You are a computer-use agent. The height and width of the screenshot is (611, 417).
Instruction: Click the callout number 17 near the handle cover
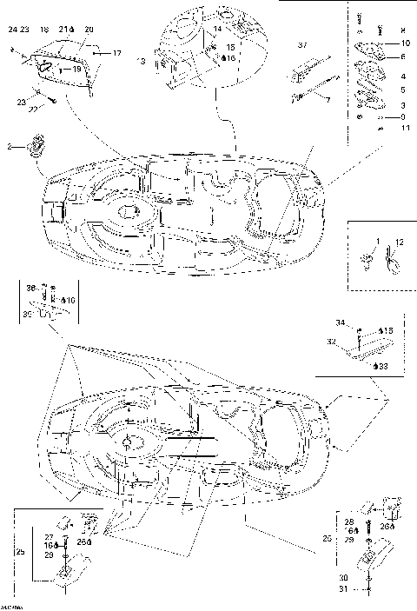[x=118, y=53]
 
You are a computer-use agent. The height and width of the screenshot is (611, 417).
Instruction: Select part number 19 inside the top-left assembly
[x=76, y=68]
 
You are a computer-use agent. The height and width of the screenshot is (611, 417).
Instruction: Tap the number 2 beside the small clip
[x=11, y=148]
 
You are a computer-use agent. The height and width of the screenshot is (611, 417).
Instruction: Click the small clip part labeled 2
[x=37, y=145]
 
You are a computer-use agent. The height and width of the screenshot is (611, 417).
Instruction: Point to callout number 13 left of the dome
[x=142, y=62]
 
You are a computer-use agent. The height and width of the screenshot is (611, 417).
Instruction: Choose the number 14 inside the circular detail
[x=219, y=29]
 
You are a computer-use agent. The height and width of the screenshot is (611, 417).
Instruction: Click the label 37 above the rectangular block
[x=302, y=43]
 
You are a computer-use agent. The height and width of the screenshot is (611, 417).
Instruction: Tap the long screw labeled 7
[x=313, y=88]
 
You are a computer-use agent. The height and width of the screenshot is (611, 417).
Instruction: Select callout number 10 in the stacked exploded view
[x=405, y=43]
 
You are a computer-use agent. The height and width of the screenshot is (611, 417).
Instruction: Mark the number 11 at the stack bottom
[x=404, y=128]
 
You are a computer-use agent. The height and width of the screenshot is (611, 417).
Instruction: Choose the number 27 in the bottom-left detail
[x=49, y=536]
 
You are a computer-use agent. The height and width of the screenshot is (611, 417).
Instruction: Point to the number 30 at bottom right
[x=344, y=576]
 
